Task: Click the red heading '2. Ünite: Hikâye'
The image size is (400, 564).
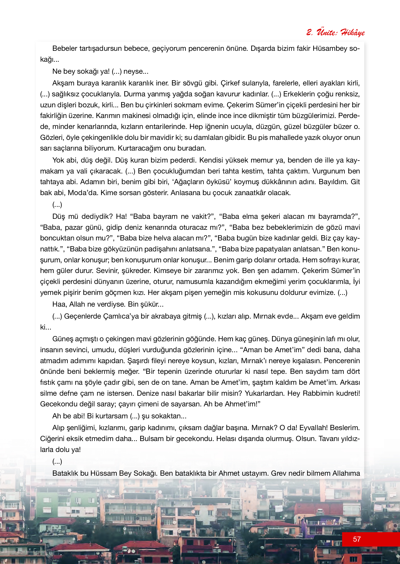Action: tap(335, 32)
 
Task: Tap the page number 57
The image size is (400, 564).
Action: tap(357, 539)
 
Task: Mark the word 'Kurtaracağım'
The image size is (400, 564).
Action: tap(138, 148)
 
